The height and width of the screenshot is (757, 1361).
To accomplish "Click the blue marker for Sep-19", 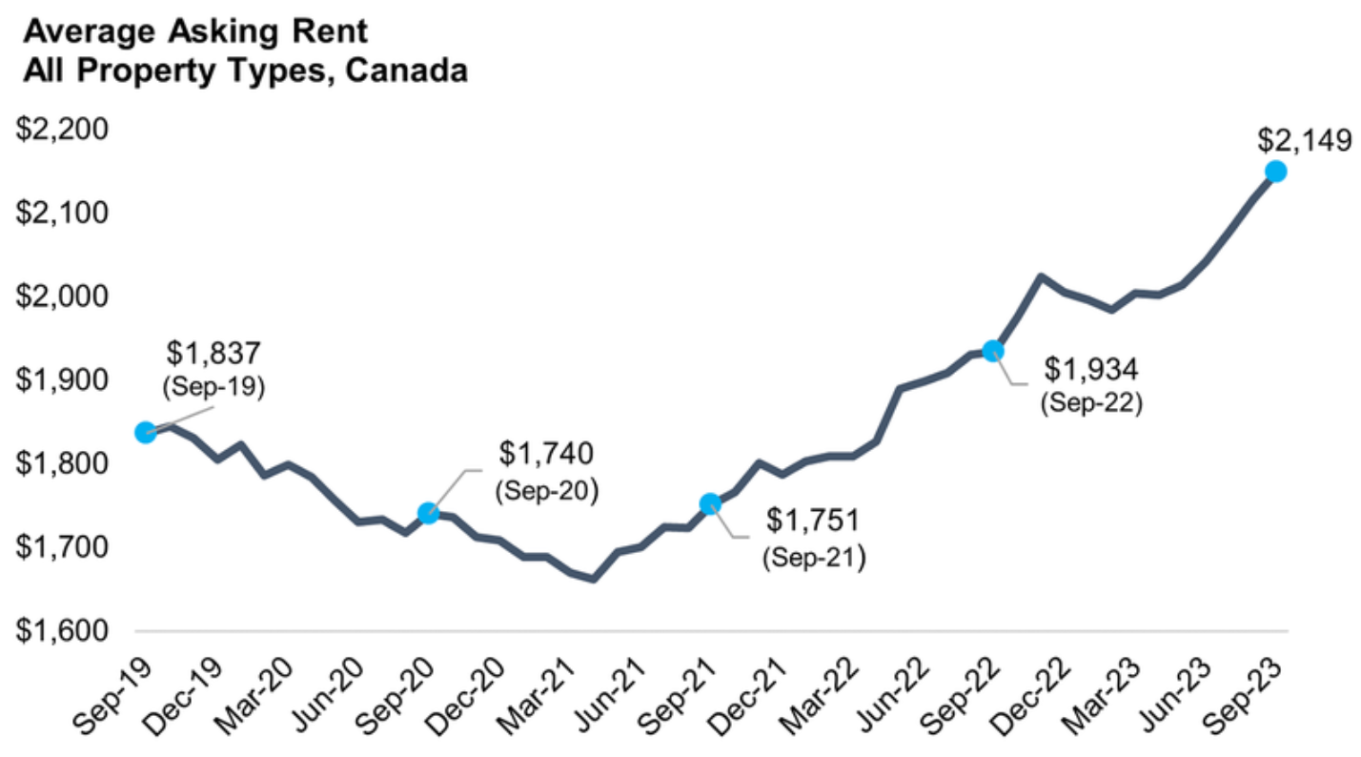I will [146, 432].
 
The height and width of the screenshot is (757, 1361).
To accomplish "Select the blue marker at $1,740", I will [428, 514].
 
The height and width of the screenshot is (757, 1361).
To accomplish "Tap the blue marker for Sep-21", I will [710, 503].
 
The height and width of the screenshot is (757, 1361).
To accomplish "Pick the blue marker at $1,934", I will [993, 351].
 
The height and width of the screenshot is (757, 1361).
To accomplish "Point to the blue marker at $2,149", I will [1275, 172].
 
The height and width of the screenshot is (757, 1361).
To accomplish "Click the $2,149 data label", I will [1303, 140].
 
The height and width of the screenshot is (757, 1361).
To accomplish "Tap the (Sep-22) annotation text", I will [1091, 401].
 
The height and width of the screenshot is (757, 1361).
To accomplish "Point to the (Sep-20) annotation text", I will [545, 491].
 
